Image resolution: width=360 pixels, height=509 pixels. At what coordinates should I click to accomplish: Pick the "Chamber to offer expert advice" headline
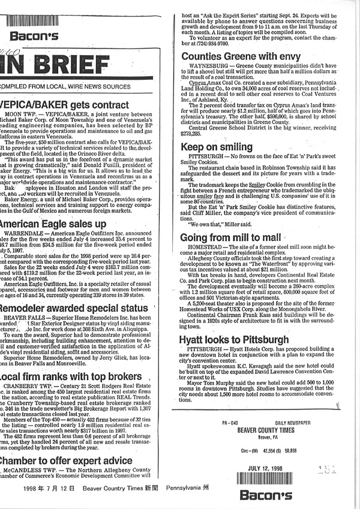click(x=66, y=460)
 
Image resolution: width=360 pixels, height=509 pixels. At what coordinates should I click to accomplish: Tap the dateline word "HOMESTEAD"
click(x=207, y=249)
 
